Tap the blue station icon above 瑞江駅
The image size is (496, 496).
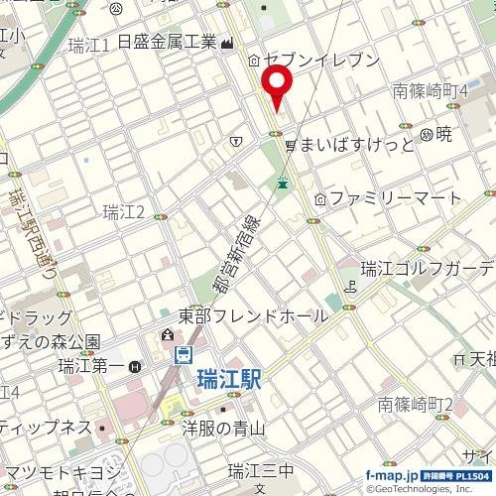point(184,355)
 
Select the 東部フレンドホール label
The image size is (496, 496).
point(253,315)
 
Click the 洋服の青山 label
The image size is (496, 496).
point(224,429)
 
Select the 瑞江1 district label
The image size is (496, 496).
point(90,45)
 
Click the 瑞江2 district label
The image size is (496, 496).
point(124,211)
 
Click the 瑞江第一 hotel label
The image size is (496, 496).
point(92,366)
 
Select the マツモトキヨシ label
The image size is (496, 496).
point(60,470)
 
